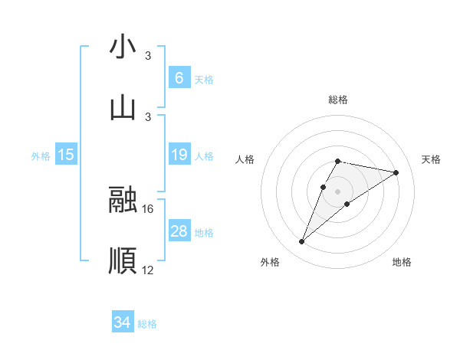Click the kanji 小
(123, 47)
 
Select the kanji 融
(123, 200)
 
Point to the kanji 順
(123, 261)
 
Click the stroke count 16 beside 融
(149, 208)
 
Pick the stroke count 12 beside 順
(149, 270)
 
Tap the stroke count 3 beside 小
(148, 55)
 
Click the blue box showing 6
(179, 78)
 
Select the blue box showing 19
(179, 155)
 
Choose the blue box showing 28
(179, 231)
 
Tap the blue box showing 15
(66, 155)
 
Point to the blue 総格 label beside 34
(147, 324)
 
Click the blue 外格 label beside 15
(41, 156)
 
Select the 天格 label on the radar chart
(431, 159)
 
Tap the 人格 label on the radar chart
(245, 159)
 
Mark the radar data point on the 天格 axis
(396, 172)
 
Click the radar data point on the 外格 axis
(301, 242)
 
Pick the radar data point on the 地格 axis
(347, 203)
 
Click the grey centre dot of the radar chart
(337, 191)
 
